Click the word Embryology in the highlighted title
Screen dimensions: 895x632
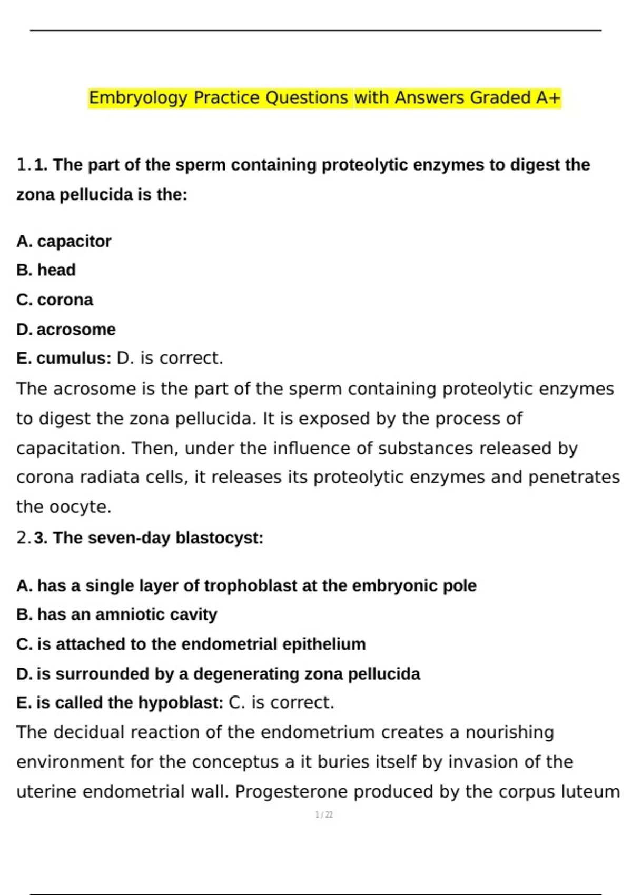137,98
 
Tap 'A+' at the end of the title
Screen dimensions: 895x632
548,98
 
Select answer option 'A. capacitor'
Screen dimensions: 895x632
64,241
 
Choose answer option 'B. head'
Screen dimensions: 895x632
46,270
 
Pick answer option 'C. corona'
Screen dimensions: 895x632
55,300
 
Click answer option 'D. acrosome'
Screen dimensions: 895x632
66,329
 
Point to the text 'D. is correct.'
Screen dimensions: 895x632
170,358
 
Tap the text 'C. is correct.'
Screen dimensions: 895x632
282,702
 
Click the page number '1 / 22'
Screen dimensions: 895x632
323,814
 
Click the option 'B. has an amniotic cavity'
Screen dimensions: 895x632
117,614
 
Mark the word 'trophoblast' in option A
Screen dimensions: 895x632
243,585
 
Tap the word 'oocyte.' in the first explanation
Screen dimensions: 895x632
80,506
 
